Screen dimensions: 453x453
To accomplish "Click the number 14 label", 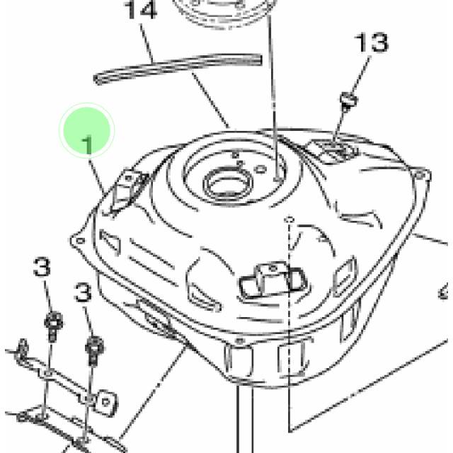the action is click(x=140, y=10).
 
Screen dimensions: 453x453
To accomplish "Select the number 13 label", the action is click(x=372, y=42).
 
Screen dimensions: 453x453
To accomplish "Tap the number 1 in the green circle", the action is click(x=87, y=144).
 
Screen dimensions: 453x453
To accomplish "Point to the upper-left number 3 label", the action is click(x=42, y=267).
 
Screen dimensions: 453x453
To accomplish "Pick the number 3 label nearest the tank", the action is click(x=83, y=292).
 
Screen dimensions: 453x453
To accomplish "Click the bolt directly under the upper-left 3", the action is click(x=53, y=326).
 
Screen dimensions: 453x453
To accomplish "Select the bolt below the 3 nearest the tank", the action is click(x=94, y=350).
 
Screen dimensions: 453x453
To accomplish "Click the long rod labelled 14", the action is click(x=178, y=68).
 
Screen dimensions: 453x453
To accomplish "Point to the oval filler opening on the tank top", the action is click(x=228, y=184).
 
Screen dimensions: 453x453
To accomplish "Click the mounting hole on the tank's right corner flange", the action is click(x=420, y=175).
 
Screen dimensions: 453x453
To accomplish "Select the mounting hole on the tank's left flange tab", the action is click(x=80, y=241).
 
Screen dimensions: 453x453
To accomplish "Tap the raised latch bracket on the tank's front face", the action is click(x=272, y=280).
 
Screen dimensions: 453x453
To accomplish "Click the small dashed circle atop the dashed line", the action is click(x=289, y=220).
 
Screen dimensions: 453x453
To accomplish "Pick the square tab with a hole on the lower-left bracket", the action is click(x=105, y=402).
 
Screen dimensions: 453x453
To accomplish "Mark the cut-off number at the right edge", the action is click(x=445, y=291).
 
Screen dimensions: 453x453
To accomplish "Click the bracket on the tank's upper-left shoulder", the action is click(x=127, y=192).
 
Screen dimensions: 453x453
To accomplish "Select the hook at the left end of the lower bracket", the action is click(x=21, y=350).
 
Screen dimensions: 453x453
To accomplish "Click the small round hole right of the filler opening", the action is click(x=260, y=169).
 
